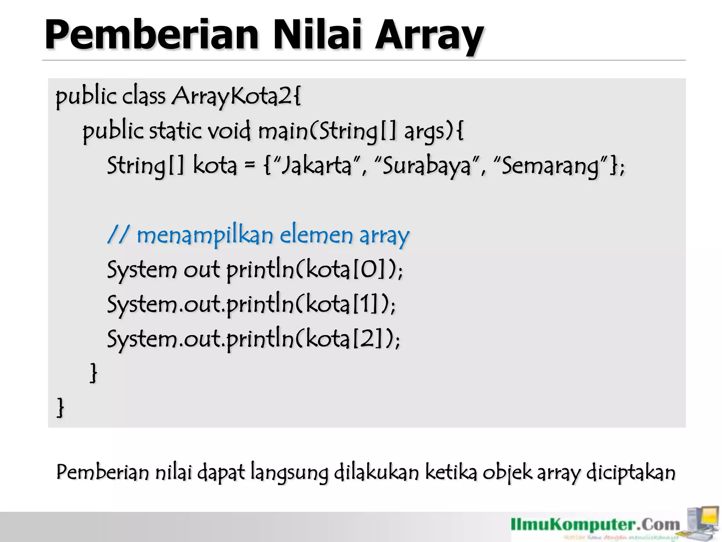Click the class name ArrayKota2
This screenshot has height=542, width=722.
236,96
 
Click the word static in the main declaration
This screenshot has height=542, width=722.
176,131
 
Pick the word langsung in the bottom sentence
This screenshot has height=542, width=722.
289,473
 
